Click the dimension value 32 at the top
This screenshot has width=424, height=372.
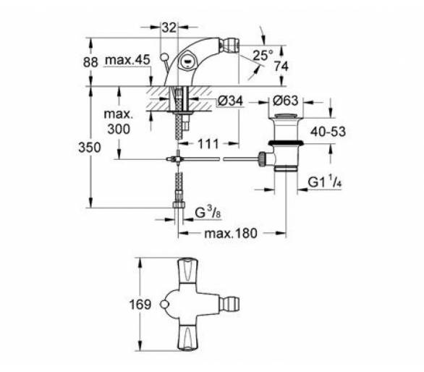click(169, 28)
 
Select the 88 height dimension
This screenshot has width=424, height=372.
click(90, 62)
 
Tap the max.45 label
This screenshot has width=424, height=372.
click(127, 60)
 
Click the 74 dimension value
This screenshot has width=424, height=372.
click(281, 66)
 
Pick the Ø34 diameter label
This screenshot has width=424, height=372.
click(230, 101)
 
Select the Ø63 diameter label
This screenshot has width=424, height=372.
click(285, 101)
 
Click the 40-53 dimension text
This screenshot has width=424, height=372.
click(328, 132)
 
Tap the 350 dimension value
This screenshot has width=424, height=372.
click(90, 148)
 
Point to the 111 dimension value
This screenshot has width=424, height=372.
click(208, 144)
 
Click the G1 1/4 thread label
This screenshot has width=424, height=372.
click(325, 182)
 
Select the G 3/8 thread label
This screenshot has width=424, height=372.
click(208, 213)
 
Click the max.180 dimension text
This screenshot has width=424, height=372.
click(231, 233)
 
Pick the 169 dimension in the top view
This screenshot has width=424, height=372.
click(140, 305)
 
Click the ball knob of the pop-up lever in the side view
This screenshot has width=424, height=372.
click(164, 57)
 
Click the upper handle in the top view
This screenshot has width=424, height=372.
click(187, 271)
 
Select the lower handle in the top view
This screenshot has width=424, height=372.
click(187, 338)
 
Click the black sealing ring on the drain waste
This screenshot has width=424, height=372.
click(285, 143)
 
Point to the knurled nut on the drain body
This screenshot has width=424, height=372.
click(262, 159)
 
